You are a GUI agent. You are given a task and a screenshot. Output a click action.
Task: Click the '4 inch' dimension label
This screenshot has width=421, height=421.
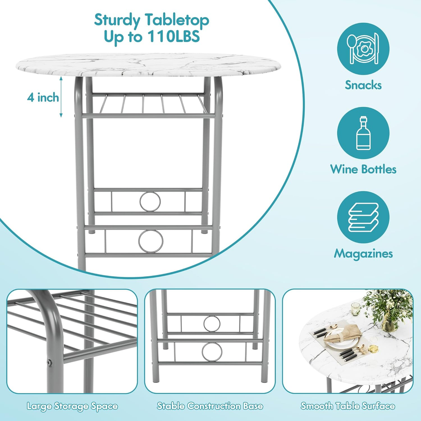[43, 97]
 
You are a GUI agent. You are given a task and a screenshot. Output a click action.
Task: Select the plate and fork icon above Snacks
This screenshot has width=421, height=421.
[363, 49]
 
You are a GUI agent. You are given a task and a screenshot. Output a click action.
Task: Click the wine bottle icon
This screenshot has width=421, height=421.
[364, 133]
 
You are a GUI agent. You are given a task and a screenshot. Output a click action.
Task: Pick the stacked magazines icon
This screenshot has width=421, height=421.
[363, 217]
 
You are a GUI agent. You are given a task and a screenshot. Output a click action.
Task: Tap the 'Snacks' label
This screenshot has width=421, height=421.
[363, 85]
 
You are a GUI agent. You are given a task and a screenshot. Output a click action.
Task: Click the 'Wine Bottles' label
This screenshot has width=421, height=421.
[363, 169]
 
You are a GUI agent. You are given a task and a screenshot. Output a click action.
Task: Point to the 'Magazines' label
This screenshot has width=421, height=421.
[363, 254]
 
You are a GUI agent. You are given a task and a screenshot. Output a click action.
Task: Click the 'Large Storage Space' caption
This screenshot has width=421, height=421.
[72, 406]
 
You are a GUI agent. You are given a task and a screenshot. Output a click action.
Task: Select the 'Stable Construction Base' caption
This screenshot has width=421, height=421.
[210, 406]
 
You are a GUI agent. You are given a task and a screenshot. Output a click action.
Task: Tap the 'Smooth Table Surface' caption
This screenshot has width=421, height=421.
[348, 406]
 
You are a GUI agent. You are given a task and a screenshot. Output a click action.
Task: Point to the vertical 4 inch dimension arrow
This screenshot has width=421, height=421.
[61, 97]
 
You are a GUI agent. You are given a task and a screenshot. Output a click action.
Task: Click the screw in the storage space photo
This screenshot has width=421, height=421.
[50, 363]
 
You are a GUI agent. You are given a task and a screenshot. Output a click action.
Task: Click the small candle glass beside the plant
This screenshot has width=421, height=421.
[356, 309]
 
